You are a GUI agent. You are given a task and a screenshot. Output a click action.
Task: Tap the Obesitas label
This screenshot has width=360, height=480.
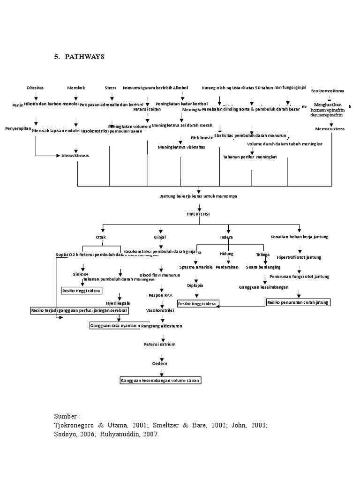click(x=35, y=88)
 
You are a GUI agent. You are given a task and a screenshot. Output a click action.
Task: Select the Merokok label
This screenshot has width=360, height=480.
click(x=76, y=88)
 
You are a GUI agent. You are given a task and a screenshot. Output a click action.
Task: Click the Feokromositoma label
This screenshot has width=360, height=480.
click(x=330, y=91)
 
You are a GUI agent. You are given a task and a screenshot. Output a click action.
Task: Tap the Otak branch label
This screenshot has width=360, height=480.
click(x=101, y=237)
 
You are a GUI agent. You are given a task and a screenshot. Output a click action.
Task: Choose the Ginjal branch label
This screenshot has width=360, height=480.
click(x=160, y=237)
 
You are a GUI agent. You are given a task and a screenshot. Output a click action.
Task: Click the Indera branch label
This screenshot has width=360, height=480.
click(x=226, y=237)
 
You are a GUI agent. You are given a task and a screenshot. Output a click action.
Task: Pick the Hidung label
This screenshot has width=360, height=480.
click(x=226, y=254)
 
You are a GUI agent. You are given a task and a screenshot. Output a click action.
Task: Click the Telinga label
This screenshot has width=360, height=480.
click(x=262, y=254)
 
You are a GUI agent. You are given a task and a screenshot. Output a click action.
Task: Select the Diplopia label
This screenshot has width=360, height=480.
click(x=195, y=285)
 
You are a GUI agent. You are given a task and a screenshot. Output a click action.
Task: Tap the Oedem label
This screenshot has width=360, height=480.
click(x=160, y=363)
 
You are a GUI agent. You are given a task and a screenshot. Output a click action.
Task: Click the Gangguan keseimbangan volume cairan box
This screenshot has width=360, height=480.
click(x=160, y=381)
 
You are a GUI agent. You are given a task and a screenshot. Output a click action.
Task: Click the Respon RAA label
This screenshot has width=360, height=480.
click(x=160, y=296)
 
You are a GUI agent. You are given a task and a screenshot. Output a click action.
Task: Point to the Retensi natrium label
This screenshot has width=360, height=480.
click(x=160, y=345)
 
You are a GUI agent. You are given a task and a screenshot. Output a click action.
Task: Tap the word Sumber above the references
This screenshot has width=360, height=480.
click(x=67, y=416)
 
